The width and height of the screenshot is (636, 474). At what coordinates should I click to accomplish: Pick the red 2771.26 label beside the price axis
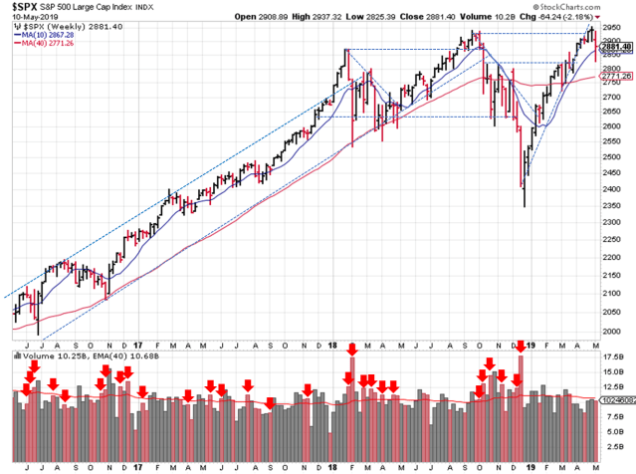click(x=613, y=77)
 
